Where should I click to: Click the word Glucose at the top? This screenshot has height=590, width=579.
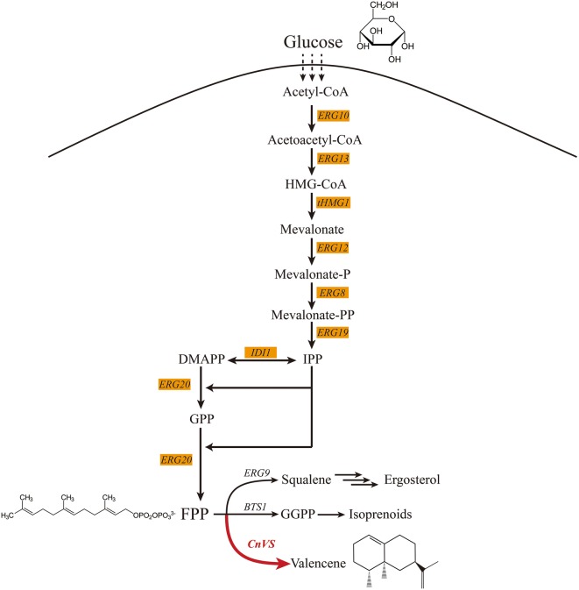313,42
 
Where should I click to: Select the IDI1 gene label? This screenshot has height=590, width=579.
260,352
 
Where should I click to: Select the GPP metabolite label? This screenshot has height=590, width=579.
201,419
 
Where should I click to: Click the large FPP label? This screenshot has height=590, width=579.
194,515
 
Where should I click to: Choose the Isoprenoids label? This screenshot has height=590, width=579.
405,515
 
